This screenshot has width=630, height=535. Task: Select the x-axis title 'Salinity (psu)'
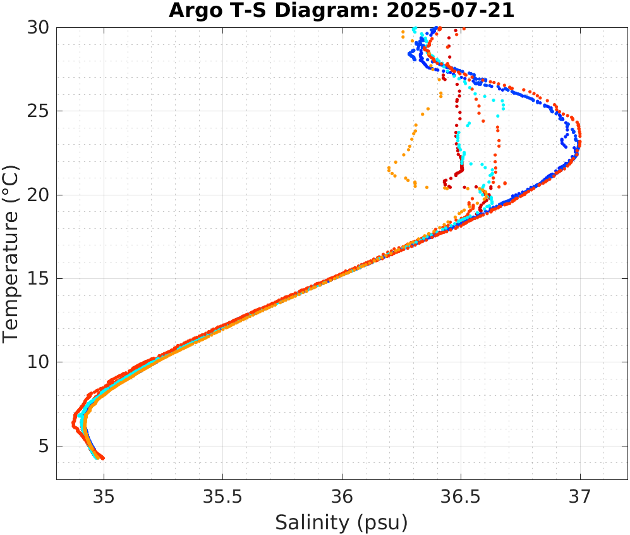(341, 522)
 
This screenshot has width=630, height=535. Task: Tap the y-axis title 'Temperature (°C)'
(11, 253)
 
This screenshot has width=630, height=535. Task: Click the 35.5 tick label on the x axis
(222, 497)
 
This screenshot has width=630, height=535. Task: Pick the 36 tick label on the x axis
(342, 497)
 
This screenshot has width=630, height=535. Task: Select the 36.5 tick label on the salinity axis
(461, 497)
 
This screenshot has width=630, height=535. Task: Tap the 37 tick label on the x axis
(580, 497)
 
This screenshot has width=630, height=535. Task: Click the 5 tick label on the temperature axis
(43, 446)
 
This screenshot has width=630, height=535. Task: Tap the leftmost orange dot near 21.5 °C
(389, 169)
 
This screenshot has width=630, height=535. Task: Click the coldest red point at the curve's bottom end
(102, 458)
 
